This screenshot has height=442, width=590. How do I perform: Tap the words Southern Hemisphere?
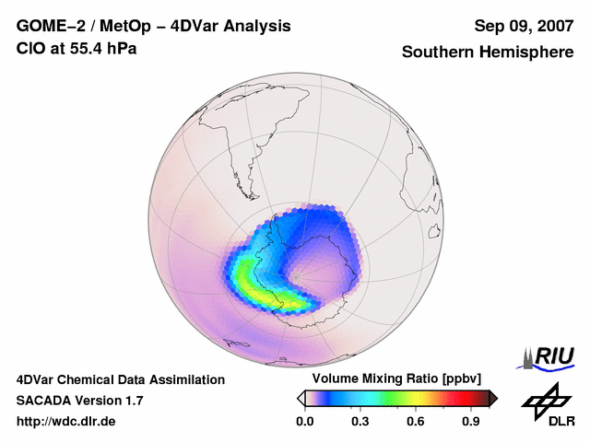pos(487,52)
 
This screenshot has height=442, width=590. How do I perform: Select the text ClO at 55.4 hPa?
pos(77,49)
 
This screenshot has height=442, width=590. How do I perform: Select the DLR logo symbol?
pos(545,400)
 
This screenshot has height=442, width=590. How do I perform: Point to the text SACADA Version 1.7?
pos(80,401)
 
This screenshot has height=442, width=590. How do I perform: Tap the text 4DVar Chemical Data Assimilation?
pos(121,379)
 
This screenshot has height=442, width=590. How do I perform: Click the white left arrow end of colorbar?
pos(300,398)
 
